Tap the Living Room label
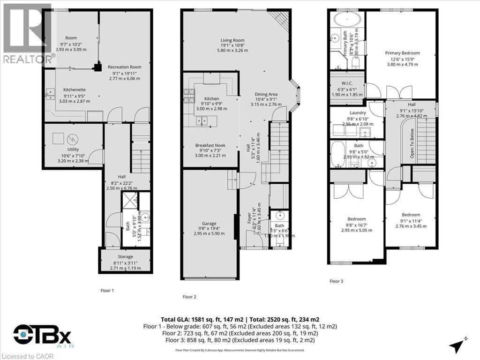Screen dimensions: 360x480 [x=232, y=40]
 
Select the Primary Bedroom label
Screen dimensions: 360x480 [x=402, y=53]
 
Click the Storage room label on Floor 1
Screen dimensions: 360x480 [x=125, y=256]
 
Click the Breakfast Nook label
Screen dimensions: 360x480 [x=210, y=145]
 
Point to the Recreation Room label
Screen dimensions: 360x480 [x=124, y=67]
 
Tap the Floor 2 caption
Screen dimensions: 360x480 [x=189, y=296]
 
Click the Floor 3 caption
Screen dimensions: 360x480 [x=336, y=281]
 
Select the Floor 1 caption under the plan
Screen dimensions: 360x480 [x=107, y=291]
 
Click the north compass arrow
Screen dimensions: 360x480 [x=457, y=346]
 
